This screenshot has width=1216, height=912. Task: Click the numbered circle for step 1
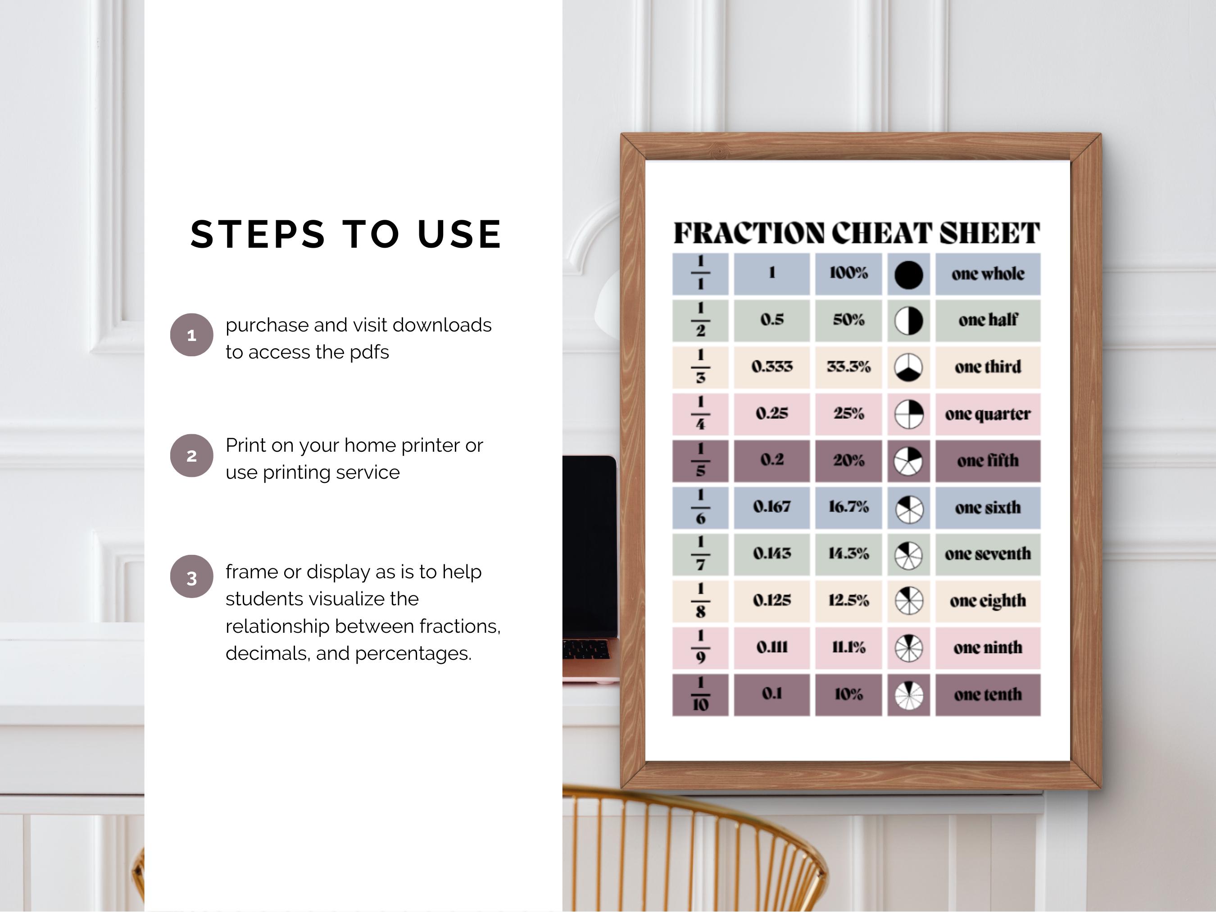(191, 335)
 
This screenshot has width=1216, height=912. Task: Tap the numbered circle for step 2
(191, 456)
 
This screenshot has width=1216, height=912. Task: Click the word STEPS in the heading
(258, 234)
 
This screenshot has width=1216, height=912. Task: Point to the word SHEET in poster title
(989, 233)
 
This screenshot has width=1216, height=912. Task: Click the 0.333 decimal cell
(771, 367)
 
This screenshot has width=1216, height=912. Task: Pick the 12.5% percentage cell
(848, 600)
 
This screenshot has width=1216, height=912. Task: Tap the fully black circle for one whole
(908, 275)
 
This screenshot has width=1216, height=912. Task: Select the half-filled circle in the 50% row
(908, 321)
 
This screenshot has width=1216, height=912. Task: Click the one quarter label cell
(987, 414)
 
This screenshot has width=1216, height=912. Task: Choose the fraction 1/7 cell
(700, 554)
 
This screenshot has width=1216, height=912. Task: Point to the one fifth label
(987, 461)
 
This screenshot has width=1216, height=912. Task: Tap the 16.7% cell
(848, 507)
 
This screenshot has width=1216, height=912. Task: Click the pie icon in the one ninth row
(908, 648)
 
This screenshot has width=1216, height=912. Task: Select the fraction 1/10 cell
(700, 694)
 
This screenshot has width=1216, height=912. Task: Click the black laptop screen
(588, 544)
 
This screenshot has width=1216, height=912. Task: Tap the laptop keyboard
(586, 650)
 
